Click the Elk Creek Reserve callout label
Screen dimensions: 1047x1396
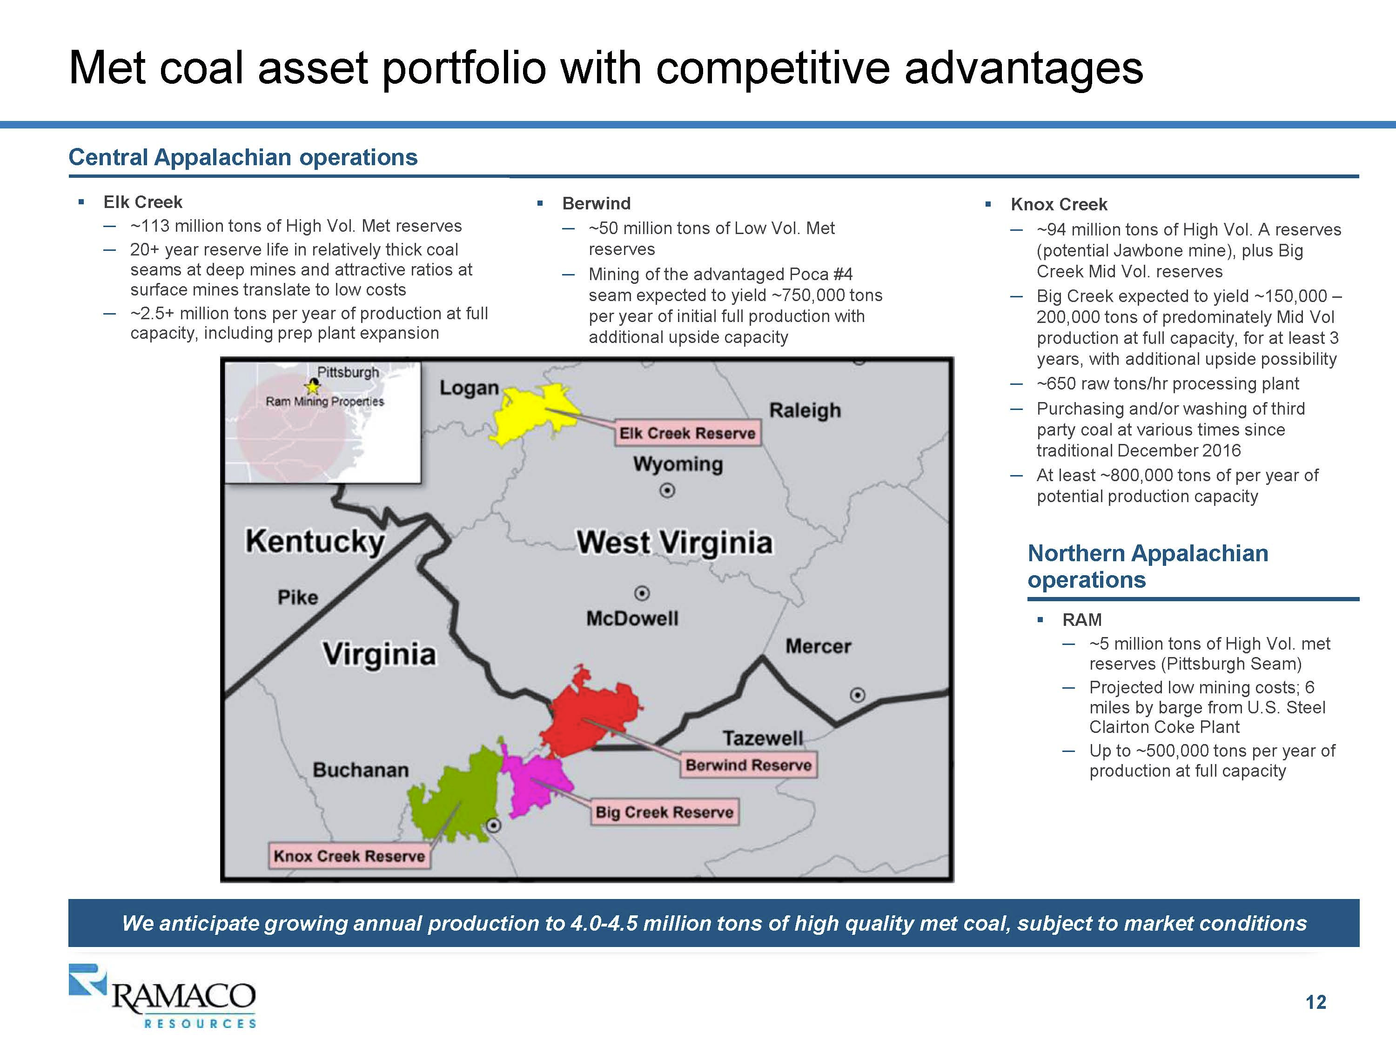pyautogui.click(x=687, y=433)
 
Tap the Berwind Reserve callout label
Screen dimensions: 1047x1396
pyautogui.click(x=748, y=765)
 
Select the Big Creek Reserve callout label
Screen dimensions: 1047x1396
pyautogui.click(x=664, y=812)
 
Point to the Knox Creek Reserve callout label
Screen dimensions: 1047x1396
pyautogui.click(x=349, y=856)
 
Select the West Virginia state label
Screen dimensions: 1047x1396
pyautogui.click(x=674, y=543)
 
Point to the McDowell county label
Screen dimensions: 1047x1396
pyautogui.click(x=632, y=618)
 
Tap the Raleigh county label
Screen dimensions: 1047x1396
pyautogui.click(x=805, y=411)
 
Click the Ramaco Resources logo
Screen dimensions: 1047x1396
pyautogui.click(x=162, y=996)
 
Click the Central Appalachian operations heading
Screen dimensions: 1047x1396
pyautogui.click(x=243, y=157)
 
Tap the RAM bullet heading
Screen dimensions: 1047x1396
pyautogui.click(x=1082, y=620)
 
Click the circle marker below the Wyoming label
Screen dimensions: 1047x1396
pyautogui.click(x=667, y=490)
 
